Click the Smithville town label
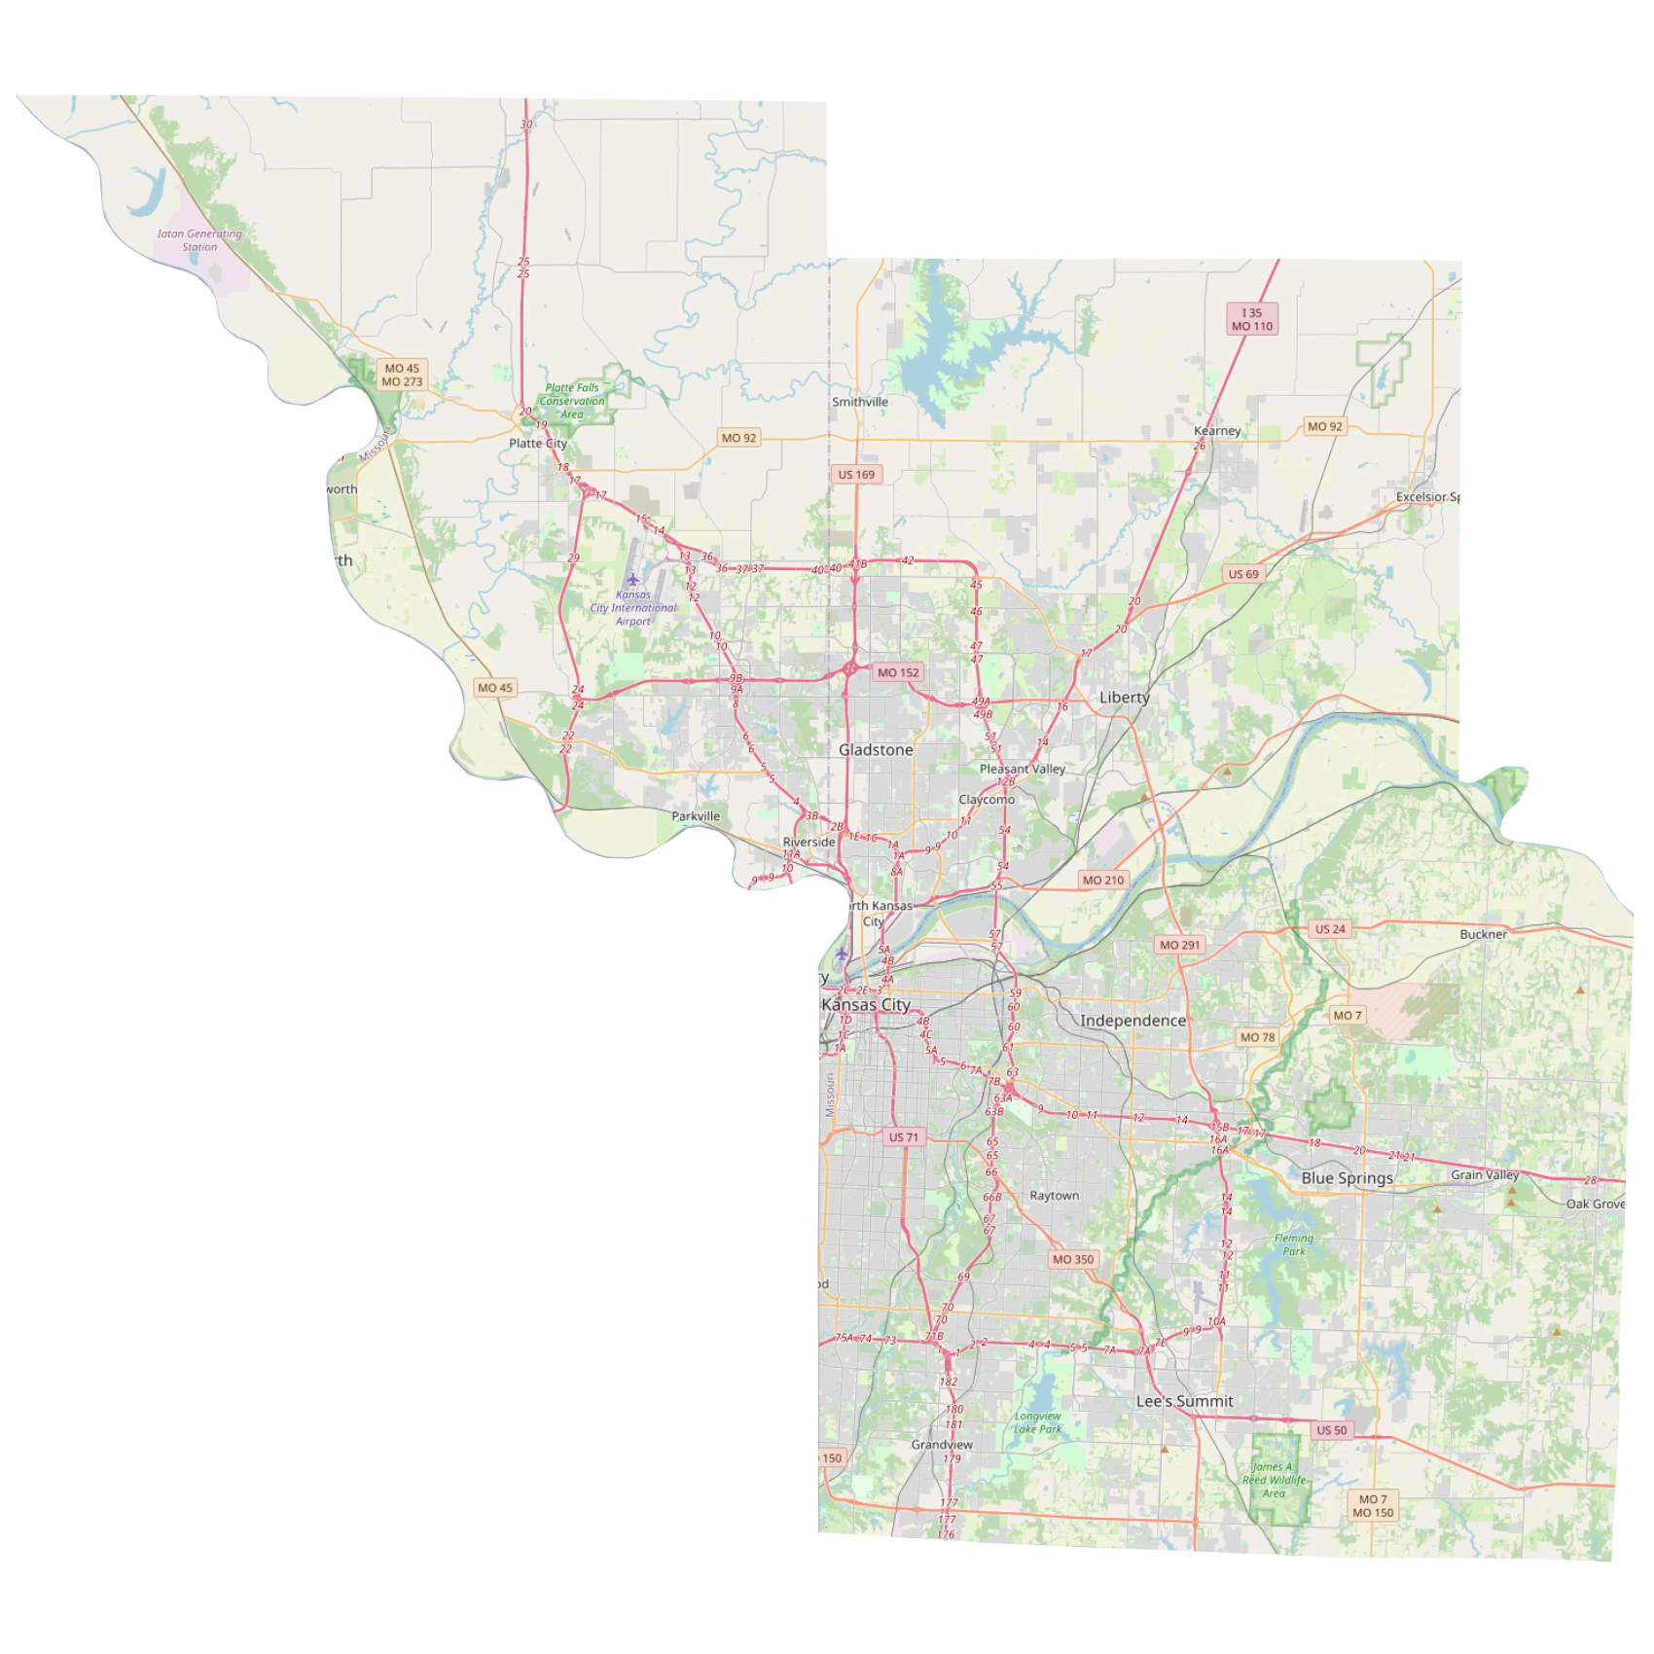(859, 402)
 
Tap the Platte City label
(537, 444)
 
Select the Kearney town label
(1217, 431)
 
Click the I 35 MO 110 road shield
(1251, 320)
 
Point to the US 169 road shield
(856, 475)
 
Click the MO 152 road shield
(897, 672)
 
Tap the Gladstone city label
(876, 750)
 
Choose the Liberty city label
(1124, 698)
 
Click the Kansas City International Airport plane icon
(632, 580)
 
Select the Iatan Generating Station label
(199, 240)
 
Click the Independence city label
(1133, 1021)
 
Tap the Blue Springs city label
(1347, 1178)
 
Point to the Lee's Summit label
(1184, 1401)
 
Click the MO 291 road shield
(1180, 945)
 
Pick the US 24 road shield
(1329, 929)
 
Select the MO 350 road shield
(1072, 1259)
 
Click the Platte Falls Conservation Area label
(572, 401)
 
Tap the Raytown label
(1054, 1196)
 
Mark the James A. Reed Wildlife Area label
(1274, 1480)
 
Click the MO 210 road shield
(1102, 881)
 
